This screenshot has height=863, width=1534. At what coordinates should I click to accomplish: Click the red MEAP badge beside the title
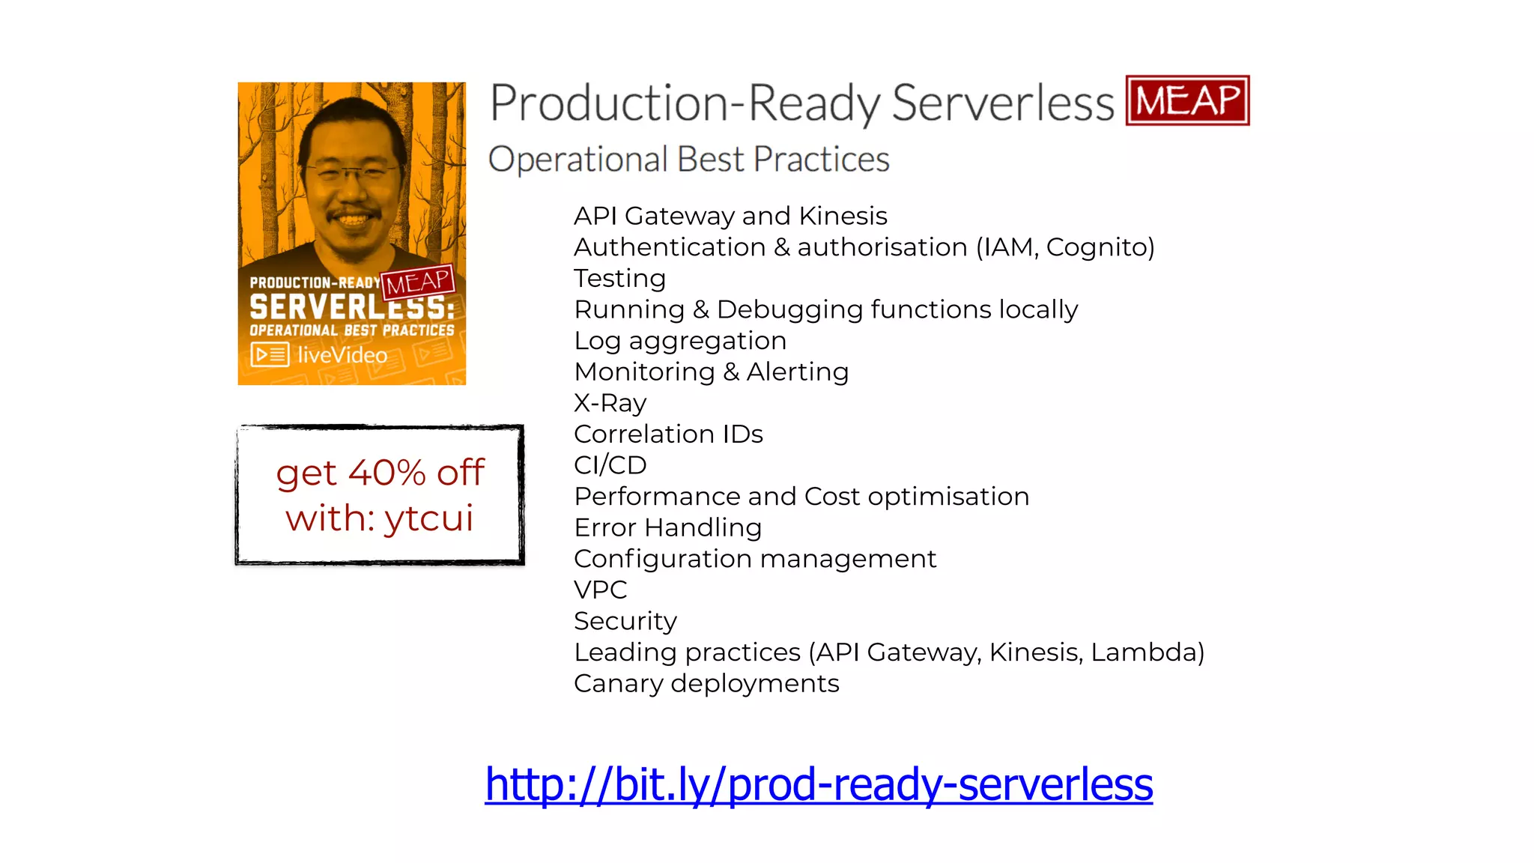coord(1187,100)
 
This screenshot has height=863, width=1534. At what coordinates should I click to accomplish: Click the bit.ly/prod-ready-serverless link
coord(818,784)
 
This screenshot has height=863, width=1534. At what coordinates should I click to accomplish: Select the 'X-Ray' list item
coord(610,403)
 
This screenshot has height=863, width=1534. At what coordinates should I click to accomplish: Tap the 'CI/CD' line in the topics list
coord(610,465)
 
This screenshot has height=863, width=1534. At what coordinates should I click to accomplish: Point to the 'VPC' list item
coord(600,590)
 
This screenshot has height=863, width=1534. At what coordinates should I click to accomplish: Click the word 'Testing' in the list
coord(619,279)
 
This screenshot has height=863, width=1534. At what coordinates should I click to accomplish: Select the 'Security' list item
coord(625,621)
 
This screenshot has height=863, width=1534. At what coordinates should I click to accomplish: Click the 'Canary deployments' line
coord(706,683)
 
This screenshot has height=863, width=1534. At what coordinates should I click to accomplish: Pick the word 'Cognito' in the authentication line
coord(1099,247)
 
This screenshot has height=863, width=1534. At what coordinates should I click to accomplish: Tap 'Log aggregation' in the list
coord(679,341)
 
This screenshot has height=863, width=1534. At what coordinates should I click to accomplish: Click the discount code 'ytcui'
coord(428,518)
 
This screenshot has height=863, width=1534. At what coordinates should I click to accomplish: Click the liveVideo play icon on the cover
coord(270,354)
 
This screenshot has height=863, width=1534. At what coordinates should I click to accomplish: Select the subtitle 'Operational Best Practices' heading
coord(688,160)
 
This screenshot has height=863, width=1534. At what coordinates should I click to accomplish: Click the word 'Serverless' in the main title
coord(1002,103)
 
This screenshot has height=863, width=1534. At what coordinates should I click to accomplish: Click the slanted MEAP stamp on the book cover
coord(417,282)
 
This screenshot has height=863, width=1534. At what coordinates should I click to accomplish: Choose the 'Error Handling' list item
coord(667,527)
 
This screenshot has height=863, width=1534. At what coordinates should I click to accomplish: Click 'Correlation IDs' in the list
coord(667,434)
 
